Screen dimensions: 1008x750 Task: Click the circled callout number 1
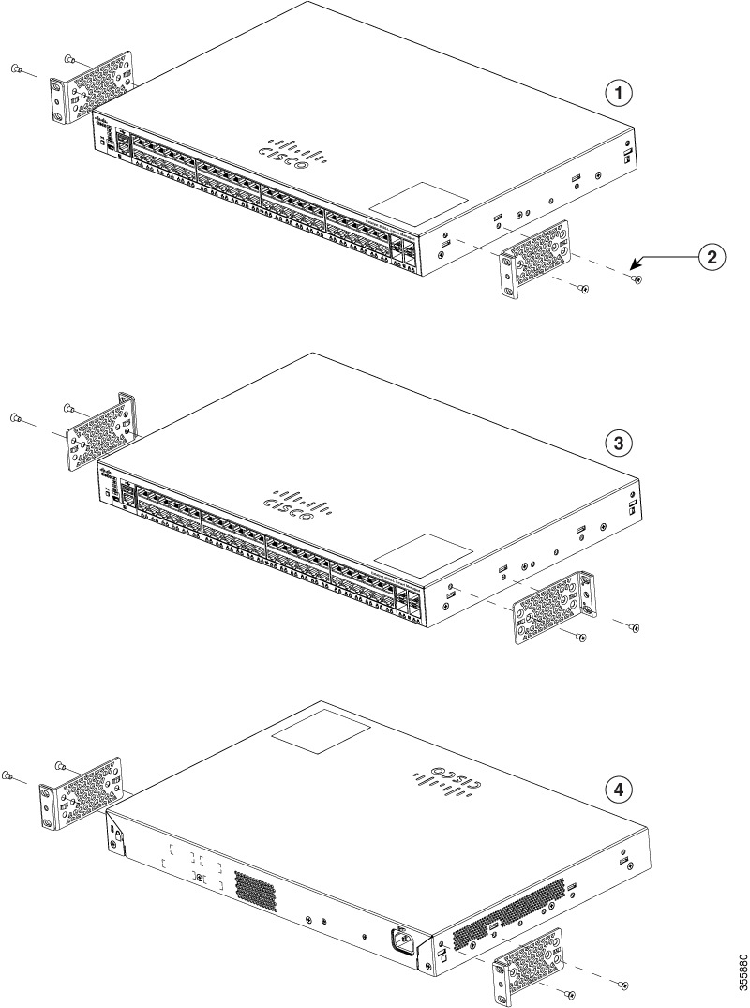point(617,93)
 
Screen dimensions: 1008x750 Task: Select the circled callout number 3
point(617,443)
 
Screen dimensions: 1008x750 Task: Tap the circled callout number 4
point(617,790)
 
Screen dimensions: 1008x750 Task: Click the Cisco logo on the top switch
point(284,155)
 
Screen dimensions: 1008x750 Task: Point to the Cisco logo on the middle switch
point(296,503)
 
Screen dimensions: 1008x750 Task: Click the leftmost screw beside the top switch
point(17,68)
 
